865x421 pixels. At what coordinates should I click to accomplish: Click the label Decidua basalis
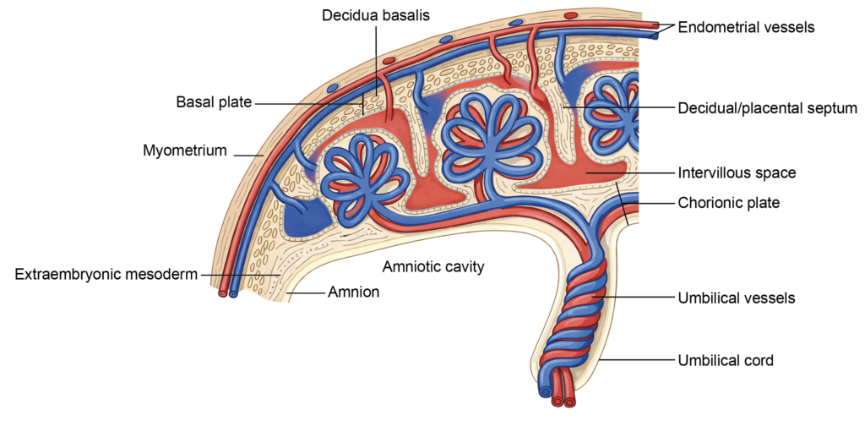tap(375, 16)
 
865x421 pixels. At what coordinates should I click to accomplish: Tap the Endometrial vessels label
tap(746, 27)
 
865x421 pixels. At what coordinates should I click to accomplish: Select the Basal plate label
tap(214, 102)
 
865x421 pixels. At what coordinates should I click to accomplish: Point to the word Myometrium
tap(185, 151)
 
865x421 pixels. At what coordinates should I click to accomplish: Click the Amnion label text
tap(354, 293)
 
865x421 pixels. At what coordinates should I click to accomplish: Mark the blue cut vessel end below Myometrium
tap(234, 295)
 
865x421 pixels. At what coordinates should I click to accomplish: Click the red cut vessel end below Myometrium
tap(223, 294)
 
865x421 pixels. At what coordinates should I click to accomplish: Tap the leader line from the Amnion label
tap(307, 293)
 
